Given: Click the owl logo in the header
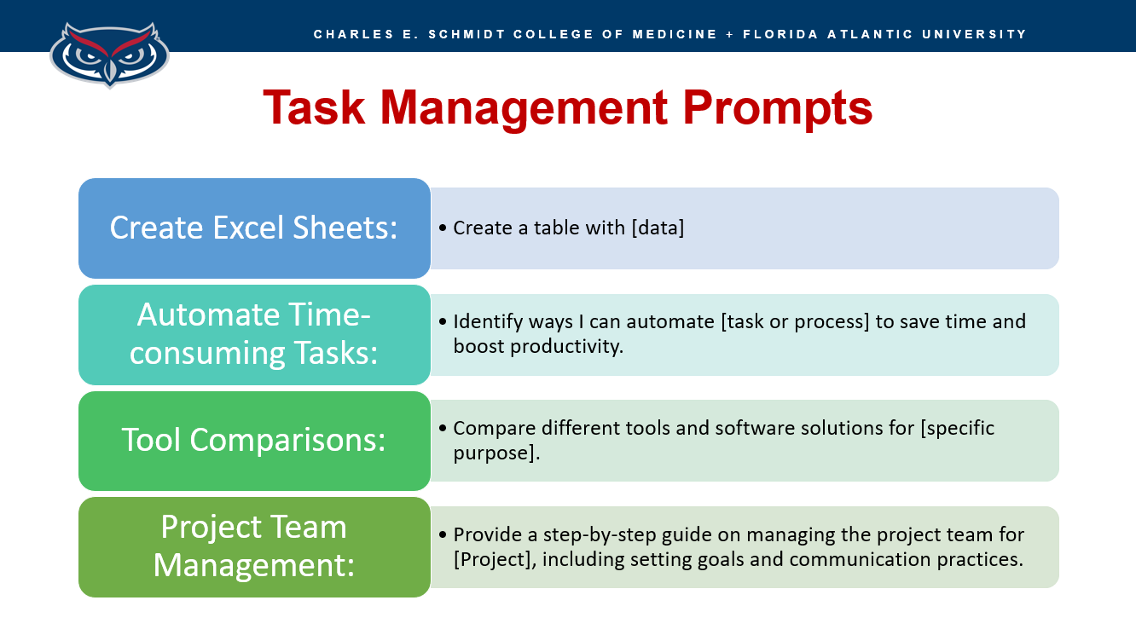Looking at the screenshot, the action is point(109,55).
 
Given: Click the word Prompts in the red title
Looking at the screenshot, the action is point(778,110).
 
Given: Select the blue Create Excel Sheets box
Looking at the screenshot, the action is point(255,228).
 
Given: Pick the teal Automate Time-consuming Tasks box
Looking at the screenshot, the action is point(255,334).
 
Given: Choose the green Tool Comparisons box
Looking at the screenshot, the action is point(255,441).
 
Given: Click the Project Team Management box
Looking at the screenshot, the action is point(255,547).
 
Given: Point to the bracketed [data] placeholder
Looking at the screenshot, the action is point(658,228).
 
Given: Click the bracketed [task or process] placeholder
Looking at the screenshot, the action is point(795,322).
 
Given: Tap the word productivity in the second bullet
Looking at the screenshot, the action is point(566,347).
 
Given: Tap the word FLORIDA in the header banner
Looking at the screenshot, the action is point(780,34).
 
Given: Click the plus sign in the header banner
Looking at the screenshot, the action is point(730,34).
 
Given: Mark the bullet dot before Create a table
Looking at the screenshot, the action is point(443,228).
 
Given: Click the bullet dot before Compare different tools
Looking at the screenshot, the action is point(443,428).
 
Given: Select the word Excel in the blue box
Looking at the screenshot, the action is point(248,228).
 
